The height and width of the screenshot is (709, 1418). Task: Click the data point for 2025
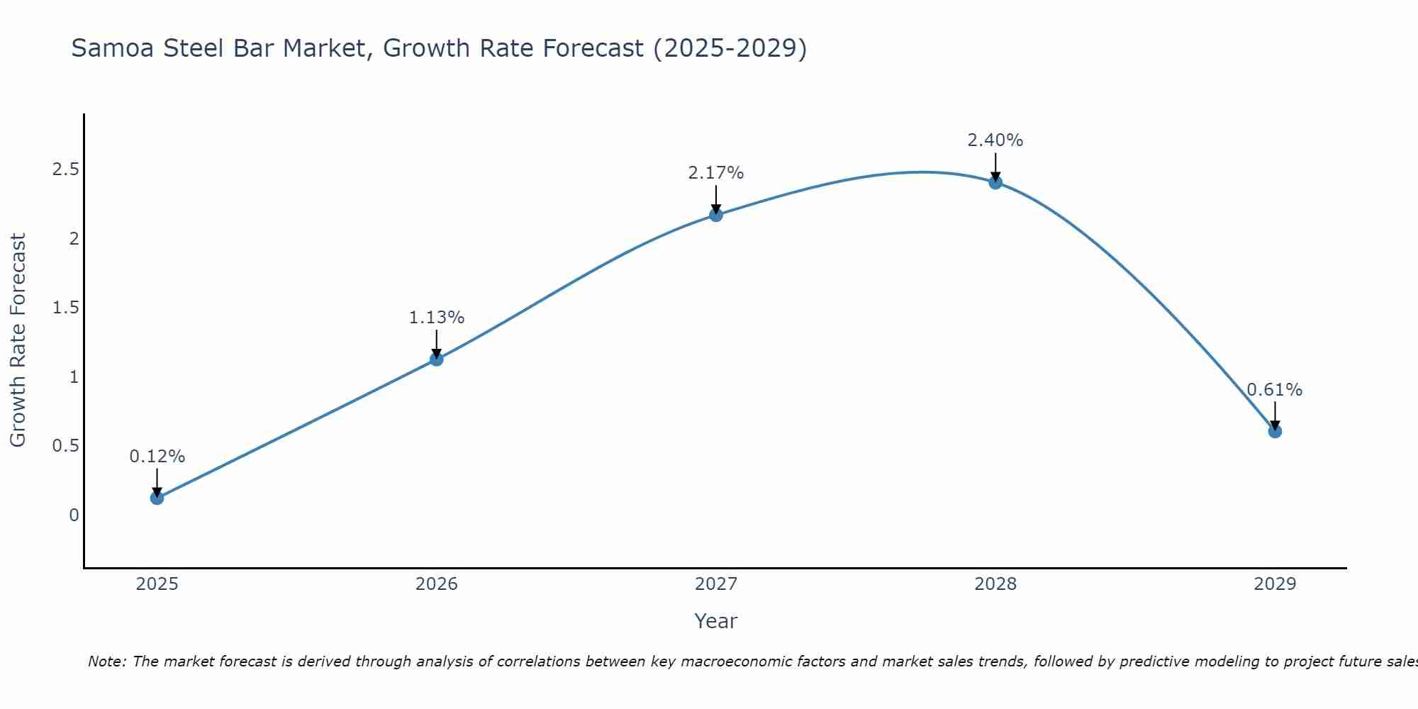pos(157,498)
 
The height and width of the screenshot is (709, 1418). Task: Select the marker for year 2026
pos(437,359)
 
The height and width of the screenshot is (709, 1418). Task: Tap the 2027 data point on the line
pos(716,215)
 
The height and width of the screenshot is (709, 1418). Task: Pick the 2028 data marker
pos(995,182)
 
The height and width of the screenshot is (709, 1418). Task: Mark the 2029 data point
pos(1275,431)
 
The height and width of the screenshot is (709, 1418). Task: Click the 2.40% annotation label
pos(995,140)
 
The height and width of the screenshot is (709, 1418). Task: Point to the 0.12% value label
pos(157,457)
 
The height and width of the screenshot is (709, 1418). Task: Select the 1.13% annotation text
pos(437,318)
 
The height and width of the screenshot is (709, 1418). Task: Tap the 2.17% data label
pos(716,173)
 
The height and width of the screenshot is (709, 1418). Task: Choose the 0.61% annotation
pos(1275,390)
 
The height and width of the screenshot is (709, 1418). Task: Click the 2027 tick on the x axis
pos(716,584)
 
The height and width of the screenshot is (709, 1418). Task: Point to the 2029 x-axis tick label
pos(1275,584)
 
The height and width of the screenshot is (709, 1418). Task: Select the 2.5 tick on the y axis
pos(65,169)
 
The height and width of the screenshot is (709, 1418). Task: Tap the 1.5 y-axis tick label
pos(65,308)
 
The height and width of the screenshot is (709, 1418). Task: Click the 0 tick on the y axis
pos(74,515)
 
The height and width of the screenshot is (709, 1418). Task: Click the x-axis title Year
pos(716,621)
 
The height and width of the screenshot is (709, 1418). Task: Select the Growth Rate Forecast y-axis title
pos(18,340)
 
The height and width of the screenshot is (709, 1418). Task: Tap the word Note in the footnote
pos(106,661)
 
